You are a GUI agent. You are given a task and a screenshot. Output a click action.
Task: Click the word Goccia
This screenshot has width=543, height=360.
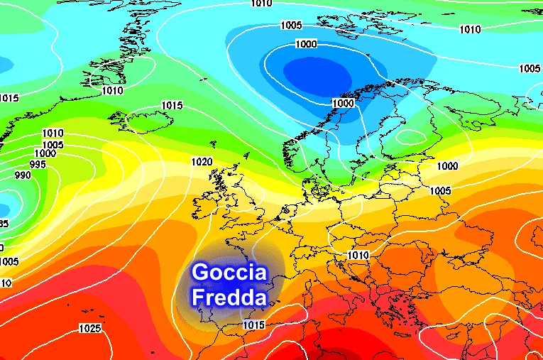229,273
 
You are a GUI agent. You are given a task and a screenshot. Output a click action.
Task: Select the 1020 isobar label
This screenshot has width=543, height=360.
202,162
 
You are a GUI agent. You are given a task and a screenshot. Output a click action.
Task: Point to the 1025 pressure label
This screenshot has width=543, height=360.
90,328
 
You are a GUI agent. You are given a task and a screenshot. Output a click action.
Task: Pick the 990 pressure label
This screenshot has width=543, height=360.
23,175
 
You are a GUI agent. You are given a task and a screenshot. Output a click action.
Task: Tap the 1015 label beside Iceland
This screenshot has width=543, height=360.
172,106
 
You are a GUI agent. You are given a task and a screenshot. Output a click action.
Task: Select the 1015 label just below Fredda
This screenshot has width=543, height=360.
253,325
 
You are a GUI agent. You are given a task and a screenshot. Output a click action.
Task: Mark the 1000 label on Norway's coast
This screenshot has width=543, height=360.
343,103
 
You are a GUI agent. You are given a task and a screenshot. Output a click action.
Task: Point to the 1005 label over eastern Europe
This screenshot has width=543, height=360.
440,191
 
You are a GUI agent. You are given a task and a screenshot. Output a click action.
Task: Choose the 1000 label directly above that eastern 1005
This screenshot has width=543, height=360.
447,166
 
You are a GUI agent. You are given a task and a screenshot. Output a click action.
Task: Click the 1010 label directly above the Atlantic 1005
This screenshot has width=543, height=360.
53,133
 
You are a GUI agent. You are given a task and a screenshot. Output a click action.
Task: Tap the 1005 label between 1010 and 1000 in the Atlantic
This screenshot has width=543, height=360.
53,145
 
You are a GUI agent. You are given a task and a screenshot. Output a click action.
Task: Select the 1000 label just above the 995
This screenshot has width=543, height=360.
45,153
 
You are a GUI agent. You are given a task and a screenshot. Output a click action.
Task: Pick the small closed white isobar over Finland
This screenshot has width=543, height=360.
412,136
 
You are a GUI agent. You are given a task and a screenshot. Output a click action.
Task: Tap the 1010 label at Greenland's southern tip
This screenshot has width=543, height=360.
112,90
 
